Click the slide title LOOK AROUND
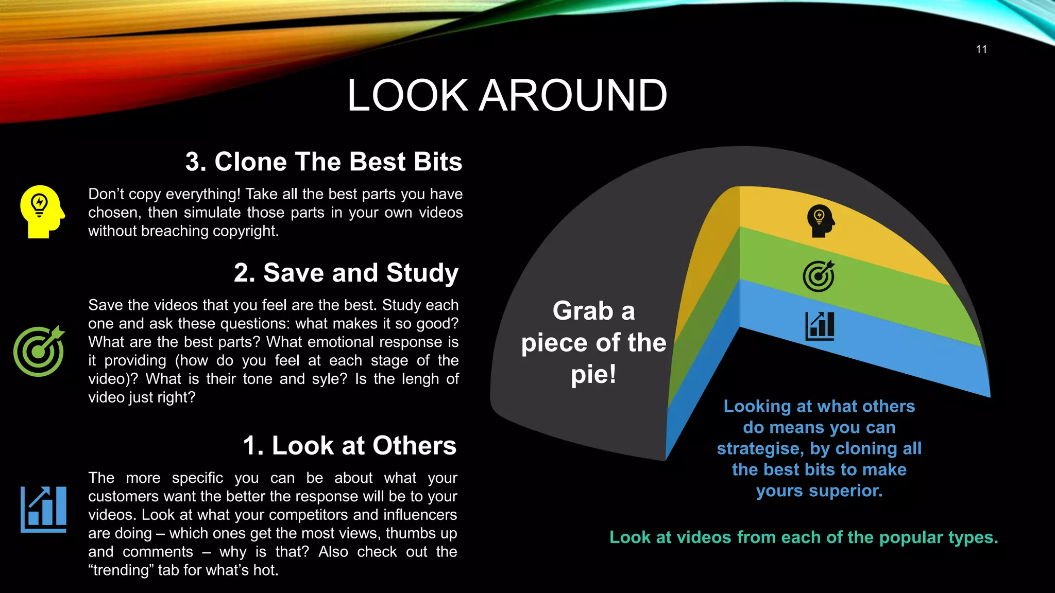(x=507, y=95)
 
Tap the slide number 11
(x=981, y=49)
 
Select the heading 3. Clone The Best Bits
(x=324, y=162)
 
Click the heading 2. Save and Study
(x=346, y=273)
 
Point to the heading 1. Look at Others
(x=349, y=445)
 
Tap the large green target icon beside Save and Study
(x=39, y=351)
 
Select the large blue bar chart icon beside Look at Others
(x=44, y=509)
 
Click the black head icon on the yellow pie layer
(x=820, y=221)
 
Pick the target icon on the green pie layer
(x=819, y=276)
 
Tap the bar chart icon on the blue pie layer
(x=820, y=326)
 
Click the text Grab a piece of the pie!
(x=593, y=342)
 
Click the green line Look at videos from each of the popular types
(x=804, y=537)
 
